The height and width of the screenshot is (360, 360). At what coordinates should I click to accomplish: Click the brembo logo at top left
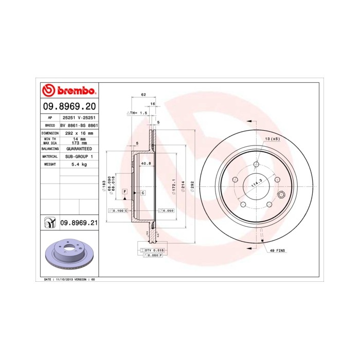coord(68,91)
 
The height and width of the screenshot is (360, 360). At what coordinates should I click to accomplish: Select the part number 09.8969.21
coord(79,223)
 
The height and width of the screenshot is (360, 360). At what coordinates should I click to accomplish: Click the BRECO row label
coord(50,125)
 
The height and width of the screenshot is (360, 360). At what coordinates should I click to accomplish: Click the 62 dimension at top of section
coord(143,95)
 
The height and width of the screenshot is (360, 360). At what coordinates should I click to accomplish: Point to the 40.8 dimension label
coord(146,164)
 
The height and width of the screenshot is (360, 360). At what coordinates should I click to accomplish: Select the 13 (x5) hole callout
coord(272,139)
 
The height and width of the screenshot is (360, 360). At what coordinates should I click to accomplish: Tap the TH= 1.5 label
coord(137,112)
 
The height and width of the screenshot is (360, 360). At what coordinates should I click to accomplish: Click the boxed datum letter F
coord(124,192)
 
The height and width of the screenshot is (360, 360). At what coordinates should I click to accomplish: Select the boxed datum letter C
coord(142,192)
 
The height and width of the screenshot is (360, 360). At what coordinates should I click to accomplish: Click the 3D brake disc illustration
coord(68,254)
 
